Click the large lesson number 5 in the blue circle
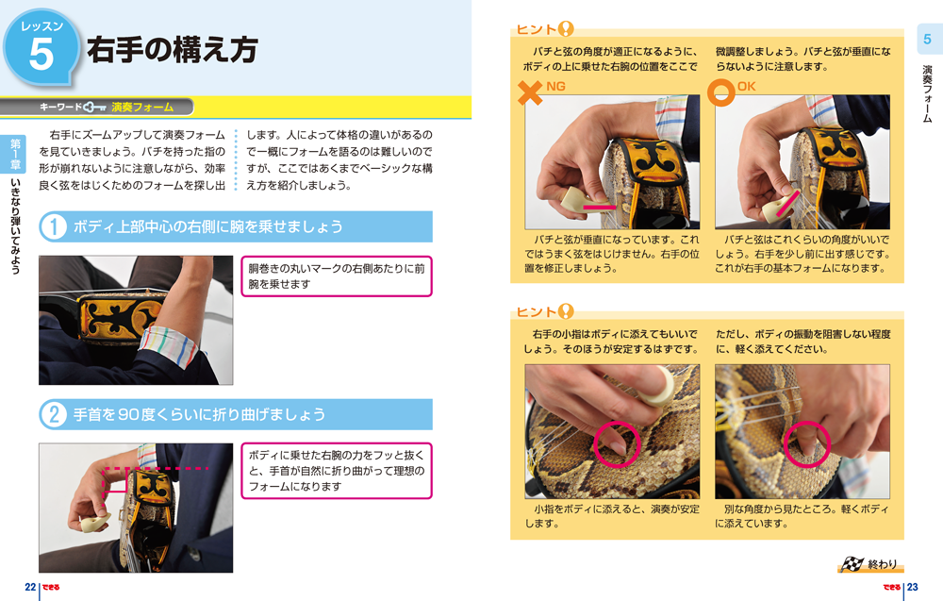pos(41,54)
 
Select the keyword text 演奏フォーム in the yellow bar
pos(142,108)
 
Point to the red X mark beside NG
pos(531,92)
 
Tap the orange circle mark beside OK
pos(723,92)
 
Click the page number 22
pos(30,587)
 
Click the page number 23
pos(912,587)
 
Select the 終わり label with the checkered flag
pos(869,564)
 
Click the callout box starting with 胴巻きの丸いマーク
pos(336,276)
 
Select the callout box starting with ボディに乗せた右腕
pos(336,471)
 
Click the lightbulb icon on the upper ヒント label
pos(566,29)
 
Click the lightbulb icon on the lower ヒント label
pos(566,310)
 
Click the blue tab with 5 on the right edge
pos(927,40)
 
